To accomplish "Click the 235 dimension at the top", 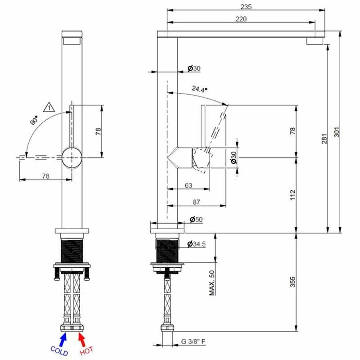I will pos(246,6).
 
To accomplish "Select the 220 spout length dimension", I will pos(241,19).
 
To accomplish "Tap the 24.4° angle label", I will pos(198,89).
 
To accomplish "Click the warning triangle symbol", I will pos(48,107).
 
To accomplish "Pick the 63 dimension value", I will pos(188,185).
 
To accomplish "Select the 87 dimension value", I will pos(196,202).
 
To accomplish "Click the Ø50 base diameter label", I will pos(196,219).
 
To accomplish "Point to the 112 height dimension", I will pos(292,195).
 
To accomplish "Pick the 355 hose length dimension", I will pos(292,281).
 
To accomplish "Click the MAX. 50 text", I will pos(211,283).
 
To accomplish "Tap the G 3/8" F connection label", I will pos(194,342).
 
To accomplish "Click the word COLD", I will pos(59,350).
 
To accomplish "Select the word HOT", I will pos(86,350).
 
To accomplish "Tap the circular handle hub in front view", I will pos(72,157).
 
